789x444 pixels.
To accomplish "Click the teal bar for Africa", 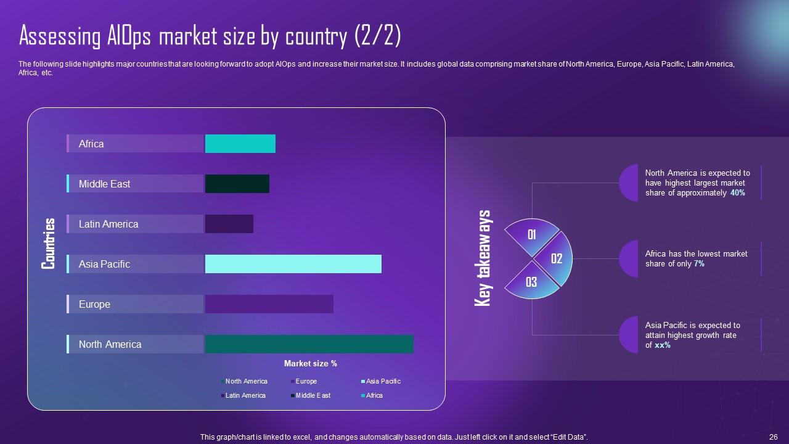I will (240, 144).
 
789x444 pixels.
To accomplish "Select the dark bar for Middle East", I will (237, 184).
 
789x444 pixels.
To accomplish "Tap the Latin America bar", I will (229, 224).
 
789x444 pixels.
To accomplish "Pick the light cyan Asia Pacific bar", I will (293, 264).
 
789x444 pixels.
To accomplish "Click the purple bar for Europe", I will (269, 304).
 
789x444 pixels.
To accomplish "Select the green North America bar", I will (309, 344).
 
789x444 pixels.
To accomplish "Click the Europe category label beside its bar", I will (94, 304).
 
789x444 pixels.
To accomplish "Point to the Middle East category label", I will (104, 184).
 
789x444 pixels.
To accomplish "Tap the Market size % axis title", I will (310, 364).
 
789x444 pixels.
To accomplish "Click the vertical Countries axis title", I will (49, 244).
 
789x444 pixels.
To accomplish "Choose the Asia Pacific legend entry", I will (383, 381).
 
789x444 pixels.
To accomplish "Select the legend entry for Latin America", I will (245, 395).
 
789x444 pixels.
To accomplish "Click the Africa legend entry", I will (374, 395).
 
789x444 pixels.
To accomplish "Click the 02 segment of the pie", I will (556, 259).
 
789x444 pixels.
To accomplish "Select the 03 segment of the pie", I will (531, 282).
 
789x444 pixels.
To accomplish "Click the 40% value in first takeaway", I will (738, 193).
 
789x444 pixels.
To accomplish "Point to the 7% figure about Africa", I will (699, 264).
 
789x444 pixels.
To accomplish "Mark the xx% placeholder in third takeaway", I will (663, 345).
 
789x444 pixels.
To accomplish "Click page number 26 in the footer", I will (773, 437).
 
